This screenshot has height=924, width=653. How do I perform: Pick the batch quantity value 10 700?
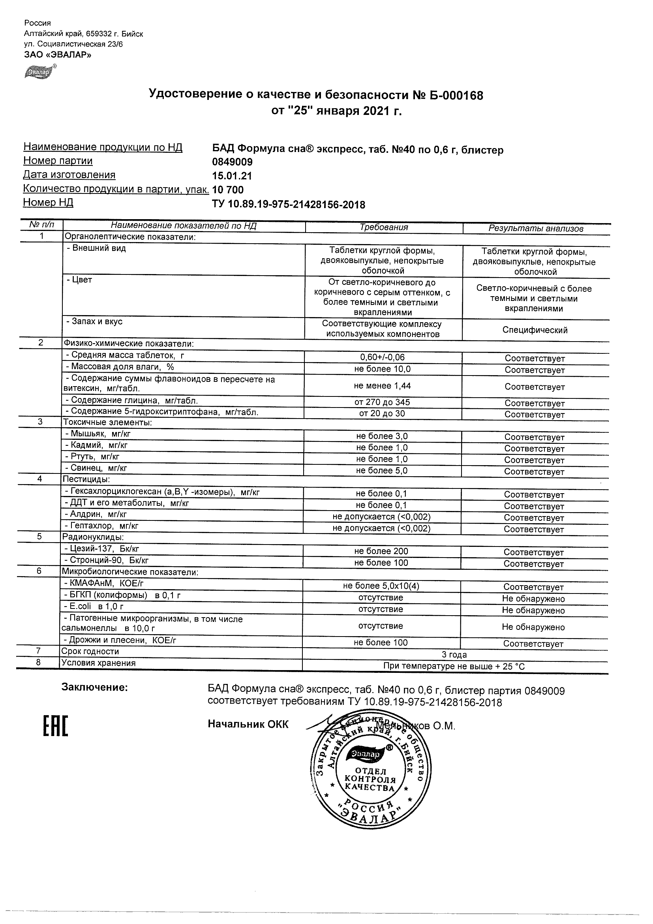pyautogui.click(x=228, y=190)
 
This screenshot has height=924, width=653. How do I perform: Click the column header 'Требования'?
pyautogui.click(x=384, y=227)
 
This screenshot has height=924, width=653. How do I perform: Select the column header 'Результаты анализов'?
pyautogui.click(x=536, y=229)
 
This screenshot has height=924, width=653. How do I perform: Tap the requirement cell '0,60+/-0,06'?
pyautogui.click(x=383, y=357)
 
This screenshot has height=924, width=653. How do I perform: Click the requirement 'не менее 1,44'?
pyautogui.click(x=382, y=385)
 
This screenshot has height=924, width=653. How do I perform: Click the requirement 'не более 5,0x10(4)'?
pyautogui.click(x=381, y=586)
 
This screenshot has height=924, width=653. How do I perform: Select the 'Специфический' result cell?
pyautogui.click(x=535, y=330)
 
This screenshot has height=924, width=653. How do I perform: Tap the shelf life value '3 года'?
pyautogui.click(x=454, y=654)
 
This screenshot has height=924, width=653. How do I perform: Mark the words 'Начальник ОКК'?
pyautogui.click(x=248, y=724)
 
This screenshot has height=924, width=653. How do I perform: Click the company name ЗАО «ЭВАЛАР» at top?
pyautogui.click(x=58, y=55)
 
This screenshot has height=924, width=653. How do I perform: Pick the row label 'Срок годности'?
pyautogui.click(x=90, y=651)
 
